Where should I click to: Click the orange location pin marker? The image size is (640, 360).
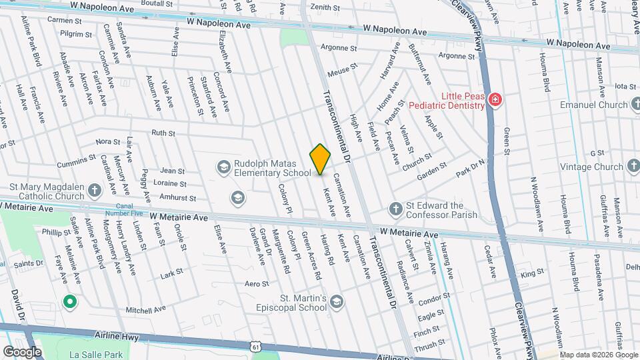click(320, 159)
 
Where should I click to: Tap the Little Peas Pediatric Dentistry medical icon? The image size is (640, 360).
click(495, 100)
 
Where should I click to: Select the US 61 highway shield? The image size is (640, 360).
click(255, 345)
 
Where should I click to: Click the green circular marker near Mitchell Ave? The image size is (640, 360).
click(69, 302)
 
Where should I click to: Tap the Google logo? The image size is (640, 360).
click(23, 351)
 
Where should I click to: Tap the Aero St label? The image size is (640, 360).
click(256, 284)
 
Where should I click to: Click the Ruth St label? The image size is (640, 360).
click(163, 133)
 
